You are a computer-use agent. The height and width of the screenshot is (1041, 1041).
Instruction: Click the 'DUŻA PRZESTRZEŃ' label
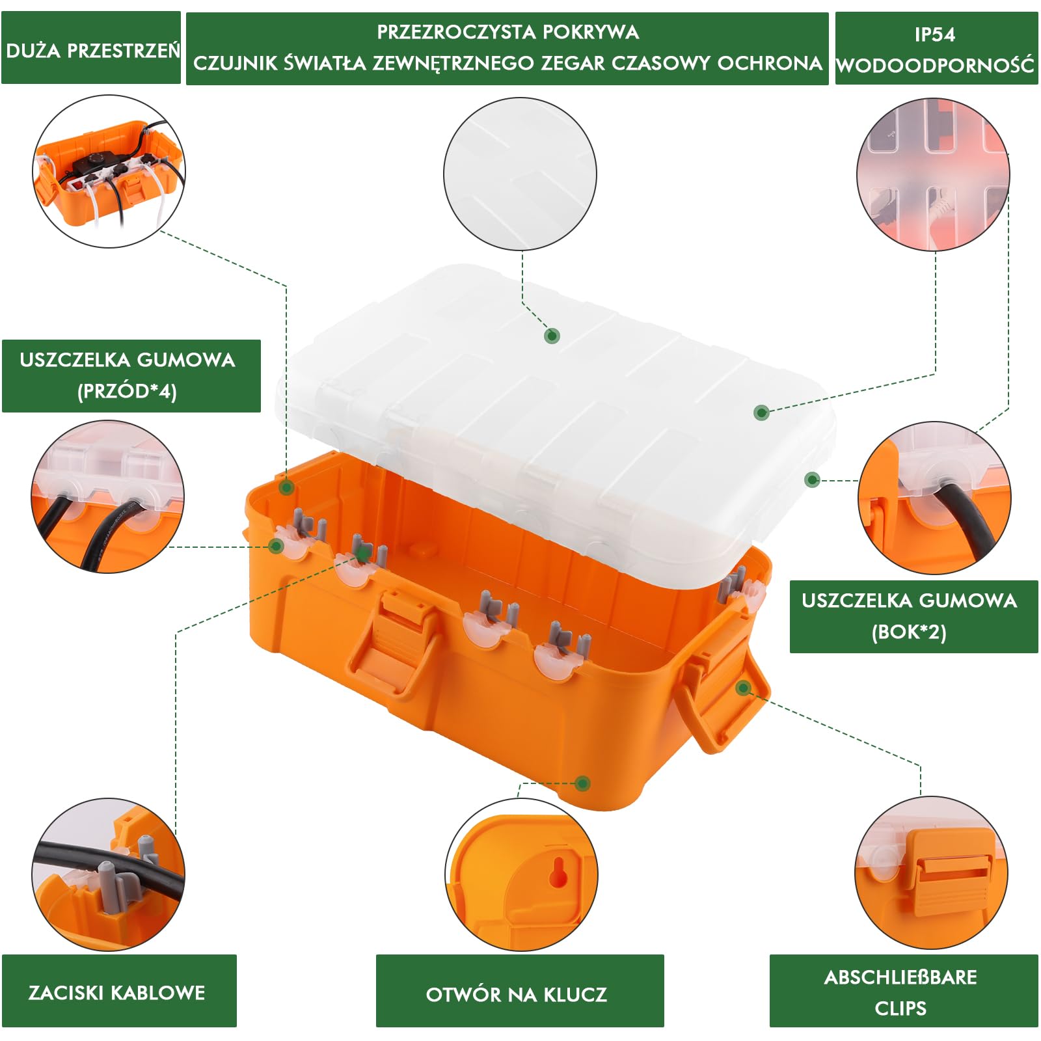coord(92,50)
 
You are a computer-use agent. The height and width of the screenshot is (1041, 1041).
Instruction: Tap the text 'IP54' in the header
coord(935,34)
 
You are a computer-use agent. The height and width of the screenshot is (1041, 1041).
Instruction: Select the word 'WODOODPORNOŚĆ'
coord(935,65)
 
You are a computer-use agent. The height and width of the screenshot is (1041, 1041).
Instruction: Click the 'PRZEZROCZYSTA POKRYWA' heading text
coord(507,32)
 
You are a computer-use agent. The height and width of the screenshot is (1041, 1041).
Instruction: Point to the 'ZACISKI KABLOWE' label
coord(117,992)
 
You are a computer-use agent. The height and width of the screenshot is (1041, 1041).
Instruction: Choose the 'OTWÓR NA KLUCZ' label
coord(517,994)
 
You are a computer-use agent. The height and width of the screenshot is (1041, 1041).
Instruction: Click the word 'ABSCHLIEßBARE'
coord(900,977)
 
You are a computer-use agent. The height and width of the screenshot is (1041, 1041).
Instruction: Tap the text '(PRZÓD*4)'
coord(127,391)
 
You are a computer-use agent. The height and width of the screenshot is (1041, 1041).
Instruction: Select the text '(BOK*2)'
coord(909,632)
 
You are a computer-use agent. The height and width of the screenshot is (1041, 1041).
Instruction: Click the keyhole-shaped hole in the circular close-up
coord(558,872)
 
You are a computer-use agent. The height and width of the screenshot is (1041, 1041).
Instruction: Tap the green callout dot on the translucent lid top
coord(552,336)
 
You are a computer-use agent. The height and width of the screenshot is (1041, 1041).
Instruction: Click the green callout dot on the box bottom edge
coord(583,783)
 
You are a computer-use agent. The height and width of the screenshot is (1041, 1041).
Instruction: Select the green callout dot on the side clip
coord(744,688)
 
